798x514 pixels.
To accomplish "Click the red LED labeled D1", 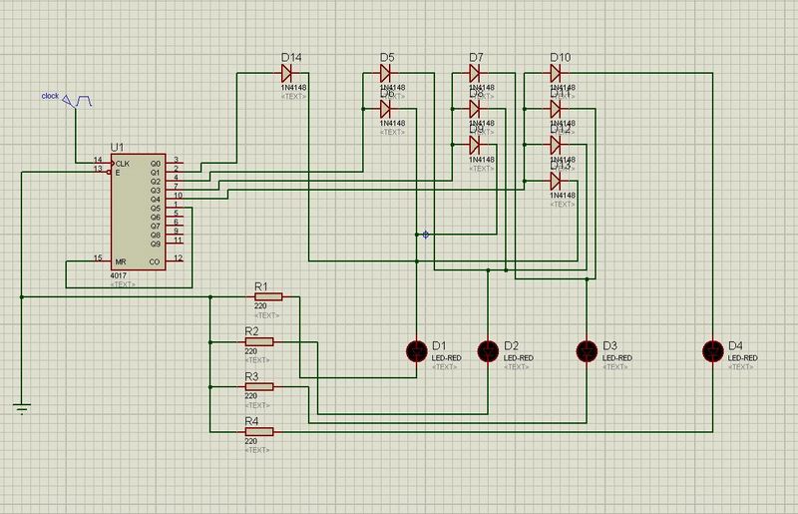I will point(416,350).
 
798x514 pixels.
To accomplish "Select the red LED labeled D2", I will point(488,350).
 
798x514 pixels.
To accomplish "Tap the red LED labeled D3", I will point(588,350).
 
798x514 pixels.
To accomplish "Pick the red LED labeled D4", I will point(712,350).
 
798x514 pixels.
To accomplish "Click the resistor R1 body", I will point(267,296).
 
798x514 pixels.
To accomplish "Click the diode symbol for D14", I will point(288,73).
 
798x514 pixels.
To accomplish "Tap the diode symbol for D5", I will point(386,73).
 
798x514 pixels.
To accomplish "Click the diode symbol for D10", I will point(557,73).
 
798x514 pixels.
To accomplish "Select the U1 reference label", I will point(117,147).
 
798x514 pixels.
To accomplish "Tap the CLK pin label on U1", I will point(122,163).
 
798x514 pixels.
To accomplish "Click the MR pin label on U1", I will point(121,260).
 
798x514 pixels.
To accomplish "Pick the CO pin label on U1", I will point(155,260).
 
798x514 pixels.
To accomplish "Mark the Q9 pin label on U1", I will point(155,244).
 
